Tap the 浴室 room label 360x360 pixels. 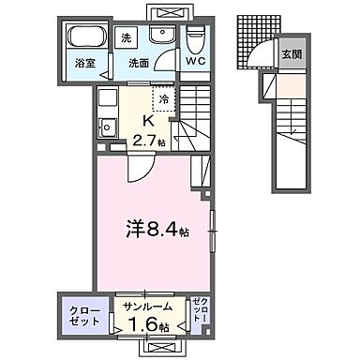86,64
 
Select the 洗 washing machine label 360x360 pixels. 127,39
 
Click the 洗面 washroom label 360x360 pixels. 141,64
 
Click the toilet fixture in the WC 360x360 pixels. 196,39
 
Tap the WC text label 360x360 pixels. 196,63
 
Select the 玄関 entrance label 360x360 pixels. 292,54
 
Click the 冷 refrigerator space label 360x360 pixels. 162,99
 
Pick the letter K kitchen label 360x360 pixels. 147,120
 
